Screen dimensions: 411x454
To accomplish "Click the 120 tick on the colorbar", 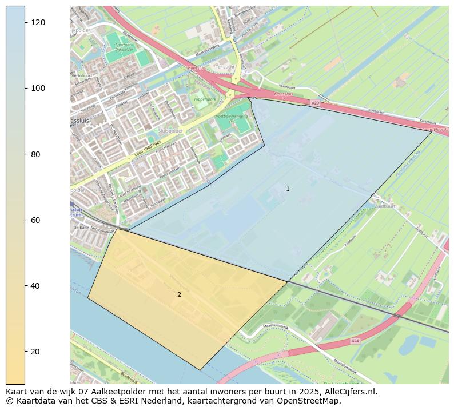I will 25,22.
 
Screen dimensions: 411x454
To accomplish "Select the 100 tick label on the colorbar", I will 38,88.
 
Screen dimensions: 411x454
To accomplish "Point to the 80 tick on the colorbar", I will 25,154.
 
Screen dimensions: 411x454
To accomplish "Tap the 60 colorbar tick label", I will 38,220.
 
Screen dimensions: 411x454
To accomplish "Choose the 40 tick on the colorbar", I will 25,285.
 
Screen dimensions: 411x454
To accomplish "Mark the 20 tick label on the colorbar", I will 38,351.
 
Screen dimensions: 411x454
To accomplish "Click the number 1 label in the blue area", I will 288,189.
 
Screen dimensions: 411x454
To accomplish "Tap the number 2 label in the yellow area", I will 179,294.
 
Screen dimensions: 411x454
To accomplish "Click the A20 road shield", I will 315,103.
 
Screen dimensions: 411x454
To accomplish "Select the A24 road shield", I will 355,341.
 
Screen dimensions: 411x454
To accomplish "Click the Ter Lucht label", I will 225,67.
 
